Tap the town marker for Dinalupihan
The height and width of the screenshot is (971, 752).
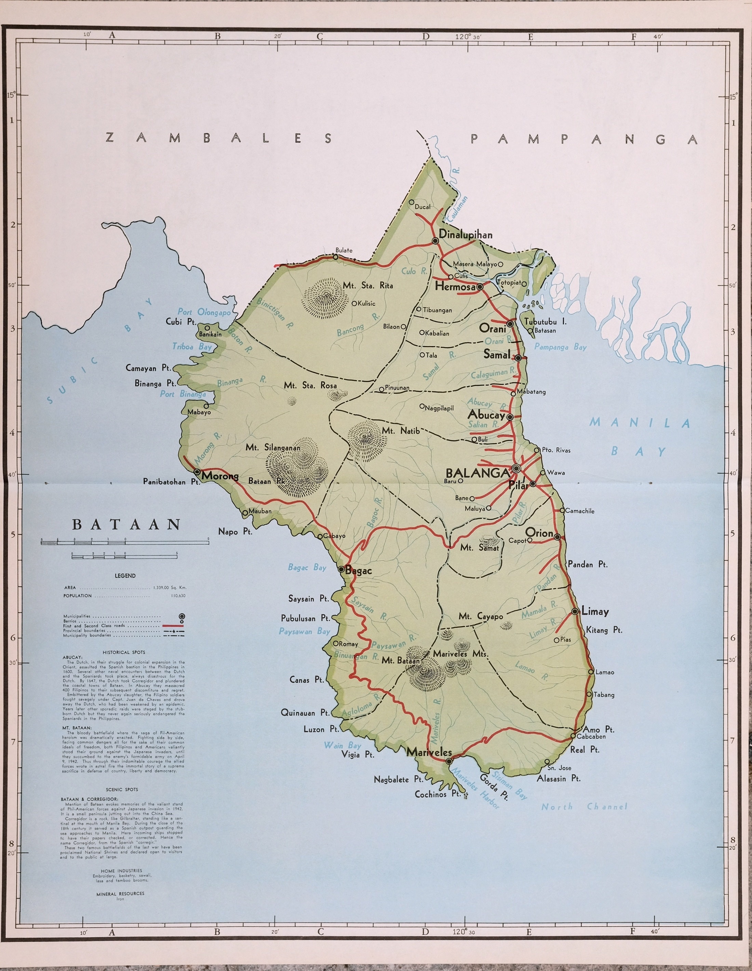pos(435,240)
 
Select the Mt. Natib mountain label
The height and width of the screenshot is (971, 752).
pos(401,431)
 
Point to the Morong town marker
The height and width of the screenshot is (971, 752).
pos(197,471)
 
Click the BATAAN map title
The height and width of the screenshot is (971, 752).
pos(127,525)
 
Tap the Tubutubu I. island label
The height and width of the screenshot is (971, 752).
pos(545,322)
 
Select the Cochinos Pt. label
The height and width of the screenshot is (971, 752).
pos(437,794)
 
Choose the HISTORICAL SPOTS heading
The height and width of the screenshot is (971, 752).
pos(124,652)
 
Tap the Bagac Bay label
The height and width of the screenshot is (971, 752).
pos(307,567)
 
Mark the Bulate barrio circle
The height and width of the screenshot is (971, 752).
pos(336,257)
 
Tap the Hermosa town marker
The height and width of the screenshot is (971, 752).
pos(480,287)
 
